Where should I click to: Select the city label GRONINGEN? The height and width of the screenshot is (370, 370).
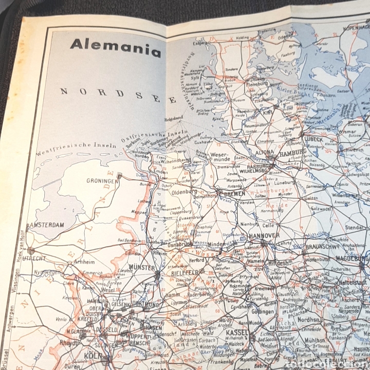[x=100, y=180]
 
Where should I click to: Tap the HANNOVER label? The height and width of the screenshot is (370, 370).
[x=263, y=235]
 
